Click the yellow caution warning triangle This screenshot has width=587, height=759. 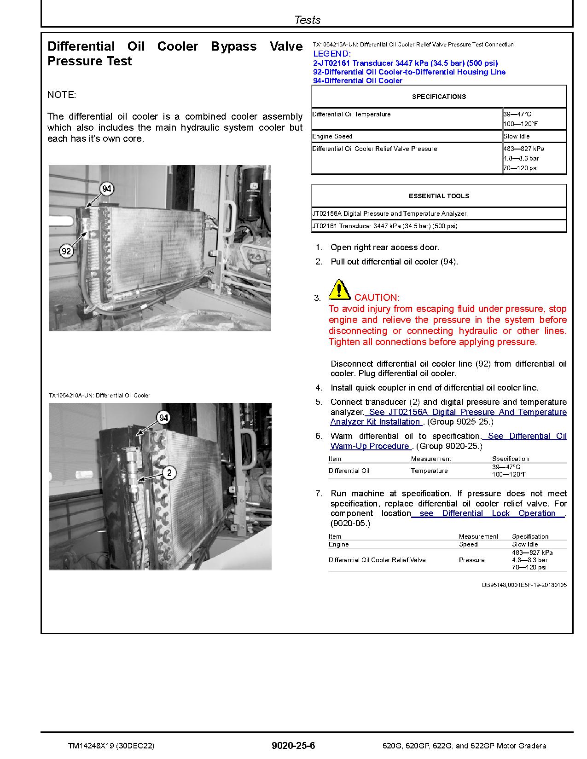[339, 289]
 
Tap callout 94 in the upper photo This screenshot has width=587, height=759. [107, 189]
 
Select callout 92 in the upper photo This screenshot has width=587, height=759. [67, 251]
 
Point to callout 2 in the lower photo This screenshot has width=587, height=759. [169, 473]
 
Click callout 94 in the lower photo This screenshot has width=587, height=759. [163, 418]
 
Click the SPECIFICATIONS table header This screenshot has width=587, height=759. [439, 97]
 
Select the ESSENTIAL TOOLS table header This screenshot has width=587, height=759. [439, 196]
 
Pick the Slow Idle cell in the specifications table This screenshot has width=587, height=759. [517, 136]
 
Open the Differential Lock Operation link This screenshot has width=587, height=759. [488, 513]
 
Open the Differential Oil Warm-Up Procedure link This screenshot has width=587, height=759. [448, 441]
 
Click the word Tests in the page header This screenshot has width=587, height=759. [307, 20]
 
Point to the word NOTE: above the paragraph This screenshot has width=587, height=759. [62, 95]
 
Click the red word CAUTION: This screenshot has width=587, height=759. [377, 298]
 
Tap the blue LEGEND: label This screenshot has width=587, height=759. [331, 54]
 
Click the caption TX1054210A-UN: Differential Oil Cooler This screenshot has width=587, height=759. [99, 396]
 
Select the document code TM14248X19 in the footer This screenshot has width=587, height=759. [90, 746]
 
